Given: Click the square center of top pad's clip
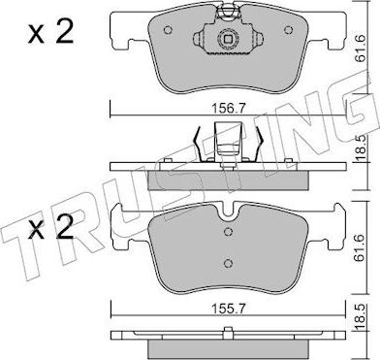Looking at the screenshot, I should click(x=229, y=40).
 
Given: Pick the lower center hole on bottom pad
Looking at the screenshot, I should click(x=229, y=263).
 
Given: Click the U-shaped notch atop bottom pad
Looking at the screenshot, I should click(x=229, y=210).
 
